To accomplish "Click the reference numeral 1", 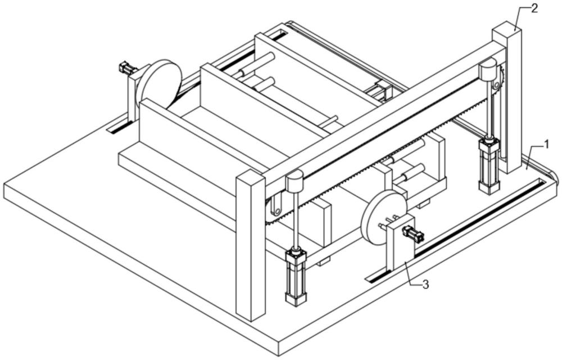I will click(x=545, y=145).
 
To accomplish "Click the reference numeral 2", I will click(x=534, y=8).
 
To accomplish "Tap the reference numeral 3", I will click(x=425, y=285).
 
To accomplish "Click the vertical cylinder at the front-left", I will click(x=296, y=276).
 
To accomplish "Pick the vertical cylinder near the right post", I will click(x=489, y=166).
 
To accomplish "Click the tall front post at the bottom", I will click(x=250, y=247).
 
